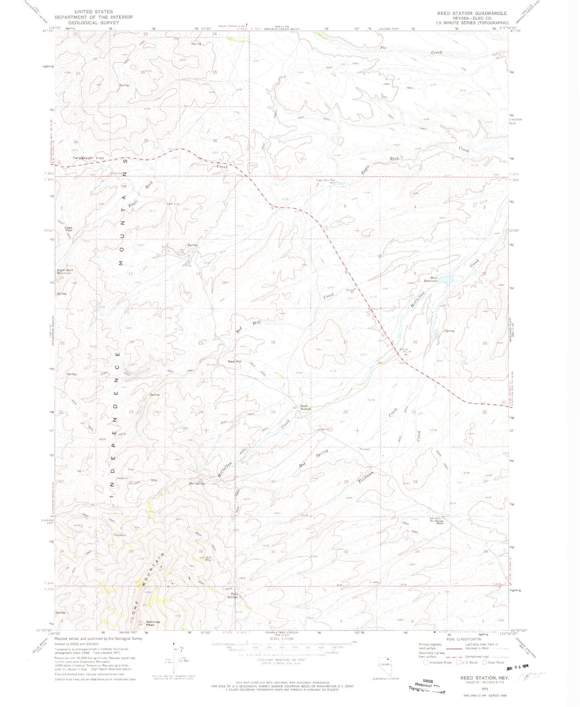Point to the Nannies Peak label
pyautogui.click(x=153, y=623)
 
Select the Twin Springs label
pyautogui.click(x=234, y=595)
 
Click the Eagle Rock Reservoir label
pyautogui.click(x=65, y=271)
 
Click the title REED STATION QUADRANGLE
pyautogui.click(x=472, y=13)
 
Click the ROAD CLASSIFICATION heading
pyautogui.click(x=464, y=639)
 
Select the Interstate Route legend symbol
pyautogui.click(x=426, y=662)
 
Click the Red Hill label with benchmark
pyautogui.click(x=234, y=361)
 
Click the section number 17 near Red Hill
pyautogui.click(x=345, y=342)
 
